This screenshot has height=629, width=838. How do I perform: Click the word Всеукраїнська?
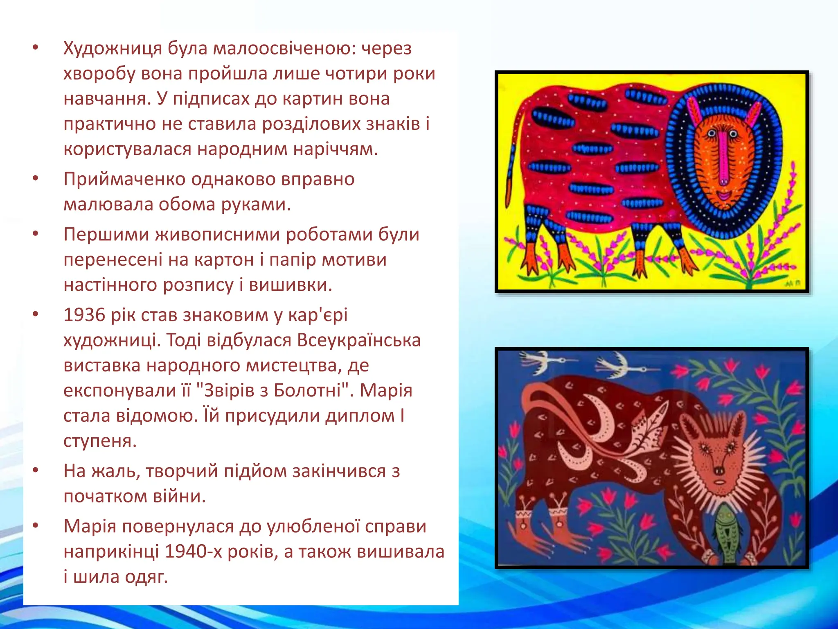(359, 341)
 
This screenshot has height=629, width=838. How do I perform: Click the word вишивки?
(290, 285)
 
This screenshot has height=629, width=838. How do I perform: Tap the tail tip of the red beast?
(509, 192)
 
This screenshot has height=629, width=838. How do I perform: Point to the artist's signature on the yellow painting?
(791, 283)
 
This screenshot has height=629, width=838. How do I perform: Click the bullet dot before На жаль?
(36, 471)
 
